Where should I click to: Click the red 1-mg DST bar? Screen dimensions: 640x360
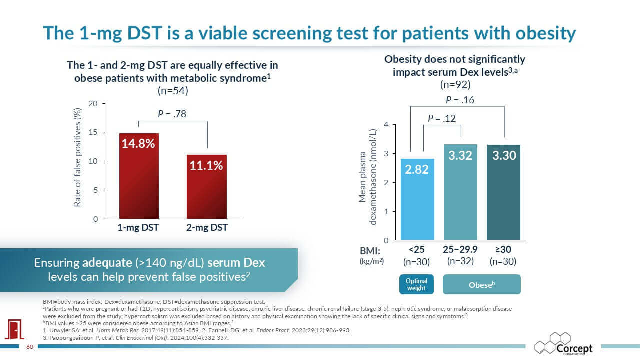[139, 176]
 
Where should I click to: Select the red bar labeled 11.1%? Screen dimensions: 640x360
[207, 187]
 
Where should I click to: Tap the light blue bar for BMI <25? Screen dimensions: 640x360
[417, 199]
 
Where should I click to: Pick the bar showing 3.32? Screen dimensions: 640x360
[460, 192]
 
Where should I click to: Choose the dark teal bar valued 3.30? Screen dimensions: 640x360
[503, 192]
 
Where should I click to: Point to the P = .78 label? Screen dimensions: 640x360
[172, 114]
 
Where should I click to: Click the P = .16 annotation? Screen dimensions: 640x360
[460, 100]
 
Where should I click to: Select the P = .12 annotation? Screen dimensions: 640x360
[441, 118]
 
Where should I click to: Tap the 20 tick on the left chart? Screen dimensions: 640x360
[93, 103]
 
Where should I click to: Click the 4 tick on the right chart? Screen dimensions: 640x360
[386, 125]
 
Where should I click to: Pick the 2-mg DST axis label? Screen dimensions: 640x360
[207, 227]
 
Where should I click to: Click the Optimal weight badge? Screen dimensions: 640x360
[416, 284]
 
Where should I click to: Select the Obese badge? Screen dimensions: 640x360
[481, 284]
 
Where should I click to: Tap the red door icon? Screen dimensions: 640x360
[15, 329]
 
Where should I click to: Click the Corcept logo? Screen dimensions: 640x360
[563, 343]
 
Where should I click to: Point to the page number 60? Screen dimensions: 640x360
[30, 347]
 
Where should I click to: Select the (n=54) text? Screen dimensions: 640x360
[173, 91]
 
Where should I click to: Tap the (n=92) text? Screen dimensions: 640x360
[455, 85]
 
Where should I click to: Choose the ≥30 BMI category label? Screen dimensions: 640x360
[503, 249]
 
